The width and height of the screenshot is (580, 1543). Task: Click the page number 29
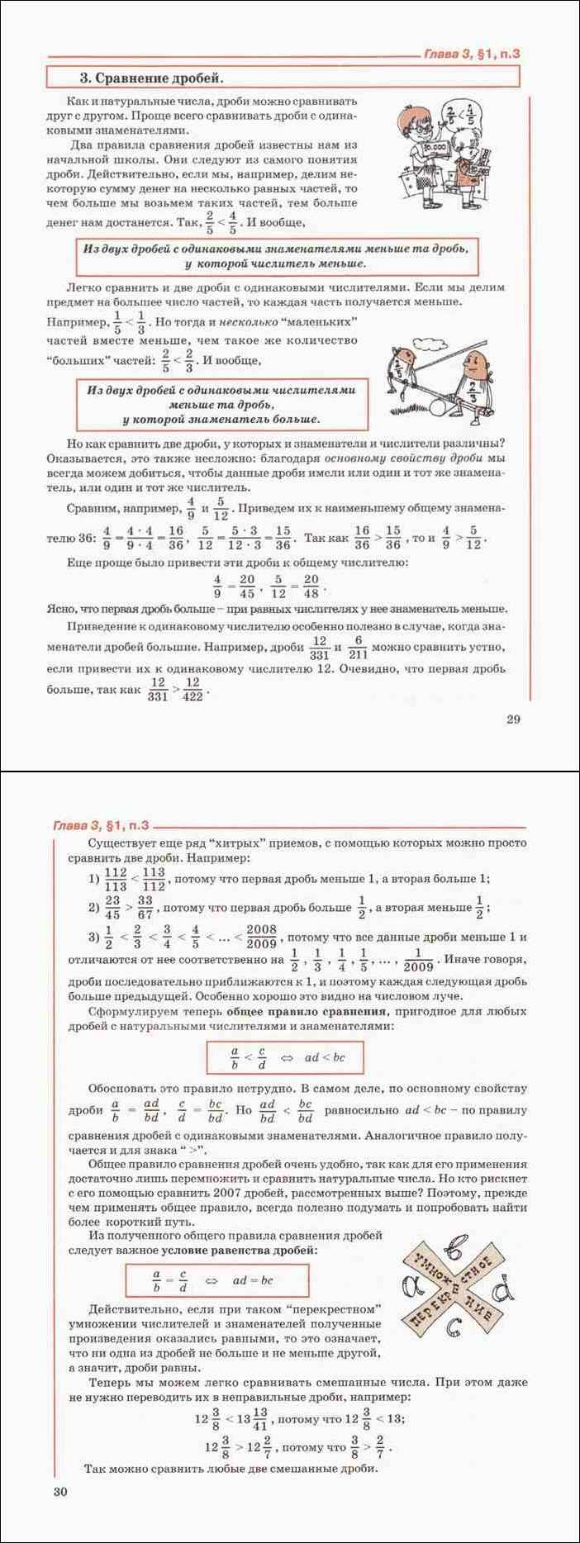tap(513, 719)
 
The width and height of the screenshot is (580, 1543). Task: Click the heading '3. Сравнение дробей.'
tap(151, 78)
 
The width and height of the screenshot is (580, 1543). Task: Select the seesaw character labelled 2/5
tap(400, 368)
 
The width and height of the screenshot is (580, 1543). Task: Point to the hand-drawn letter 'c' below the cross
tap(452, 1327)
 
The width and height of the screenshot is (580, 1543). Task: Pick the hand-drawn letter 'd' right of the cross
tap(502, 1286)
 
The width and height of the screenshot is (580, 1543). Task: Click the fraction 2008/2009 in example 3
tap(261, 937)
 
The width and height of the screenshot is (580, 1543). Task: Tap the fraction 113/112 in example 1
tap(154, 879)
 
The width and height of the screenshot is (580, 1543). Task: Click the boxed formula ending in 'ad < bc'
tap(285, 1056)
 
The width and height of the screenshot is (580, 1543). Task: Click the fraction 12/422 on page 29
tap(193, 689)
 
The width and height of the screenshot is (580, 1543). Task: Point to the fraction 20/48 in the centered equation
tap(311, 585)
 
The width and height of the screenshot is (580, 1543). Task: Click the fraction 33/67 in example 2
tap(145, 907)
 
